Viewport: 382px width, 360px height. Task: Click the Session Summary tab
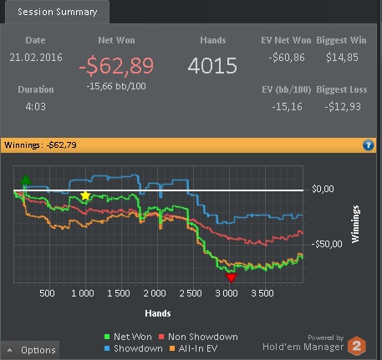tap(57, 12)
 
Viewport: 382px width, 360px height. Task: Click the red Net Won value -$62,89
tap(116, 66)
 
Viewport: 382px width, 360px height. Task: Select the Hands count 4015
tap(212, 66)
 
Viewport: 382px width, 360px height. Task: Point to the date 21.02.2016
tap(36, 58)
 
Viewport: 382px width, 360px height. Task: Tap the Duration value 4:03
tap(35, 106)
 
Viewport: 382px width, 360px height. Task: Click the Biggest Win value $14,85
tap(342, 58)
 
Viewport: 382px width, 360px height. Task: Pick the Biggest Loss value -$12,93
tap(343, 107)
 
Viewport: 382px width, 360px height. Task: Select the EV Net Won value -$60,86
tap(287, 58)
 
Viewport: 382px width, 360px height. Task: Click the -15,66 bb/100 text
tap(116, 86)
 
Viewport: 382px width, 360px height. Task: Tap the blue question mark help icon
tap(368, 145)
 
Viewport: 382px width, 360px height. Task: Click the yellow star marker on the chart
tap(85, 195)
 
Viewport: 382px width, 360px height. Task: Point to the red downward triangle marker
tap(231, 277)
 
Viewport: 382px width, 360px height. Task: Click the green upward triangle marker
tap(26, 180)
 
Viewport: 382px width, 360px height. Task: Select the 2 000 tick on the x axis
tap(155, 293)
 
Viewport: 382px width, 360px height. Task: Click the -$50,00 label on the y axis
tap(327, 244)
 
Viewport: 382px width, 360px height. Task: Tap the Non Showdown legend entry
tap(198, 337)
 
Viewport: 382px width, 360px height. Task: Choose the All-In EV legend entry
tap(194, 348)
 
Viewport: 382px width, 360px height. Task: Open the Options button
tap(30, 350)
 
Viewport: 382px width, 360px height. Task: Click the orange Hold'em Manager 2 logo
tap(357, 346)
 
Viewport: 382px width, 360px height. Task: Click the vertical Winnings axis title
tap(355, 224)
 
